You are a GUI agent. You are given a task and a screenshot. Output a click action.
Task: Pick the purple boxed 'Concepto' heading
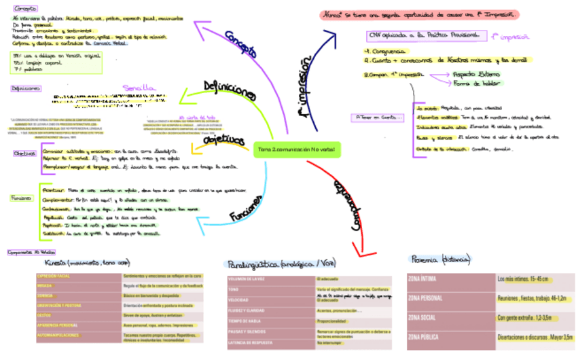point(22,7)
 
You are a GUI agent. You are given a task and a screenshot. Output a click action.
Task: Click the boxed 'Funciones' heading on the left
point(20,198)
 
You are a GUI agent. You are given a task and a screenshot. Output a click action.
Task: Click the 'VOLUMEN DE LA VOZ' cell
point(268,279)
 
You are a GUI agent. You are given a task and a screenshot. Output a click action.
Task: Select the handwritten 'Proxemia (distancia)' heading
point(442,259)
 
